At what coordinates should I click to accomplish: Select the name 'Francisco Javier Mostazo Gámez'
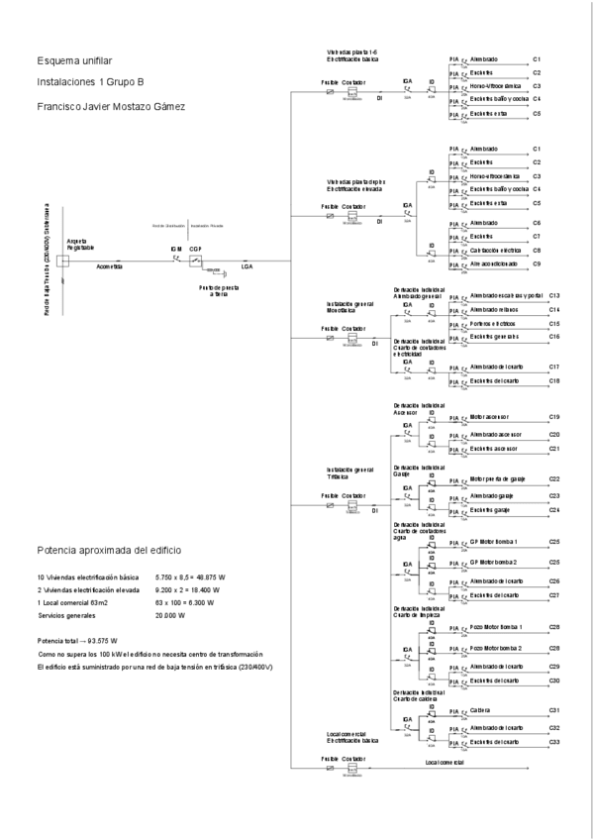(x=109, y=106)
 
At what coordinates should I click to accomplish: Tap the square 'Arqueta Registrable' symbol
(x=61, y=262)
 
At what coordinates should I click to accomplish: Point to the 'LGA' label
(x=247, y=267)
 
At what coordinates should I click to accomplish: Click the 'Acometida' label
(x=109, y=267)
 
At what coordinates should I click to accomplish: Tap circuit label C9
(x=536, y=264)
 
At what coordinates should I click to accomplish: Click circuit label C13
(x=554, y=296)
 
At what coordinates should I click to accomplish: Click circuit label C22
(x=554, y=479)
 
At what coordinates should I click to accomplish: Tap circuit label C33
(x=554, y=742)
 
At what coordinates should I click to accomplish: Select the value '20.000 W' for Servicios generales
(x=171, y=614)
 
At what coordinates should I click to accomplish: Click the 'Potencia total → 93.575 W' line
(x=77, y=640)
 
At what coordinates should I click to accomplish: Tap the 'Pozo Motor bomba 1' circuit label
(x=496, y=628)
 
